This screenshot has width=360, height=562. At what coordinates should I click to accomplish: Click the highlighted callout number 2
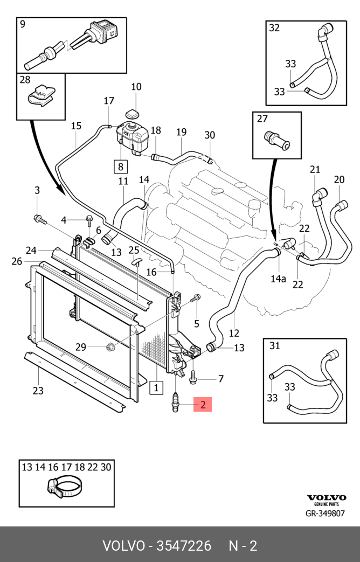[203, 404]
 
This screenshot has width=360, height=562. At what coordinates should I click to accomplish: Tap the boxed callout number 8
[120, 166]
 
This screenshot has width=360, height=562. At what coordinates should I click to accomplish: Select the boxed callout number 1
[157, 386]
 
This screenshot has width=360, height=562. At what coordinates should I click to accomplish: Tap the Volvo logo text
[327, 497]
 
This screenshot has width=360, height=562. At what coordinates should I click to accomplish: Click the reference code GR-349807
[325, 514]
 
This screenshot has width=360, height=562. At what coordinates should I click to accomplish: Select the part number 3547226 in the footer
[184, 546]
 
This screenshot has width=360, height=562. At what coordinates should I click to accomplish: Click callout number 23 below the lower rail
[38, 391]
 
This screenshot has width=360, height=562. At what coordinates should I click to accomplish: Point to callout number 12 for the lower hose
[234, 332]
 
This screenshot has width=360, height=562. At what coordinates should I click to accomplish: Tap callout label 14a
[278, 278]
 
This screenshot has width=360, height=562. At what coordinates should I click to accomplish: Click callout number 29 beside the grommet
[80, 347]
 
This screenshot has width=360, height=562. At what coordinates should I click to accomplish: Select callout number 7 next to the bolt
[220, 379]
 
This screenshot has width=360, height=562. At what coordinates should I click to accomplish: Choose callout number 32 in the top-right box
[274, 28]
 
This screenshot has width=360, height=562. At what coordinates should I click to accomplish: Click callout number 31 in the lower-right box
[275, 345]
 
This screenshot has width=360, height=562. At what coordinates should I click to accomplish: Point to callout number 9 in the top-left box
[23, 24]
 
